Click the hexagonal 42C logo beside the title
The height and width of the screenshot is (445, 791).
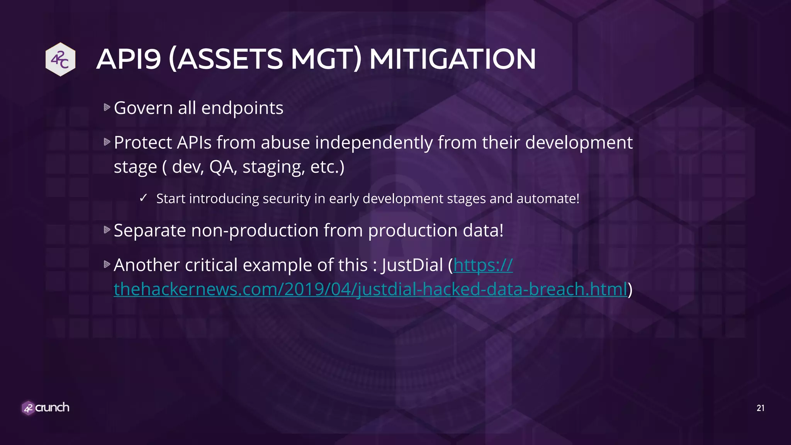coord(60,59)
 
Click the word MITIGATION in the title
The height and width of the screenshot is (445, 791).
coord(452,59)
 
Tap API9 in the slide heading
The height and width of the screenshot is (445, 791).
coord(128,59)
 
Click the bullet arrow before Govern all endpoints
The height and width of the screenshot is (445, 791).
coord(107,107)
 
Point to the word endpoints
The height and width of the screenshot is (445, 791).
coord(242,108)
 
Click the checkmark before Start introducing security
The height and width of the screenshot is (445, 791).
coord(143,198)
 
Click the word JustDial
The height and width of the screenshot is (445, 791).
coord(412,265)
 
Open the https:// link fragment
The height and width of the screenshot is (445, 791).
coord(483,265)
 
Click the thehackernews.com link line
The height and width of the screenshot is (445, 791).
coord(370,289)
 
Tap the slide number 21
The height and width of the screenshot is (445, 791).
coord(760,408)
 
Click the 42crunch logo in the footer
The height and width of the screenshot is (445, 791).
coord(46,408)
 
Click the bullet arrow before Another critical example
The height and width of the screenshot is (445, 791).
coord(107,264)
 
